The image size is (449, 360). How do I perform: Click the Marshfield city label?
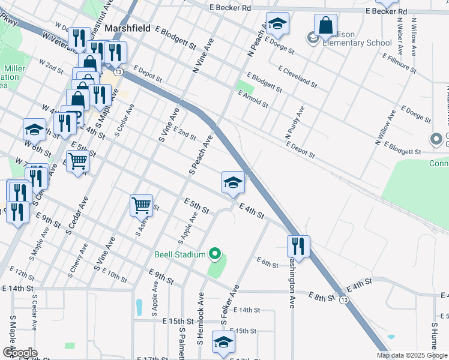click(127, 28)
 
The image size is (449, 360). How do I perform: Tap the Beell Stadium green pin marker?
click(214, 254)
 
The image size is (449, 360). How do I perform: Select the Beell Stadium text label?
click(179, 254)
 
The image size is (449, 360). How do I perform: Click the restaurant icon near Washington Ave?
click(298, 245)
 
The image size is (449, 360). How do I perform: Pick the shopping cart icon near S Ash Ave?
click(141, 205)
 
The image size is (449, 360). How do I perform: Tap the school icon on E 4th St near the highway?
click(232, 182)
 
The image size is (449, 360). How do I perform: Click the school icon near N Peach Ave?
click(277, 23)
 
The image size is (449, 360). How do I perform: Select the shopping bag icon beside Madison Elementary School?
click(325, 25)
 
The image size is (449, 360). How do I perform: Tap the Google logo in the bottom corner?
click(19, 353)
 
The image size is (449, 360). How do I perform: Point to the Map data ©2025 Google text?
click(411, 355)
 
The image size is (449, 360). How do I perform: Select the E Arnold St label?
click(253, 99)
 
